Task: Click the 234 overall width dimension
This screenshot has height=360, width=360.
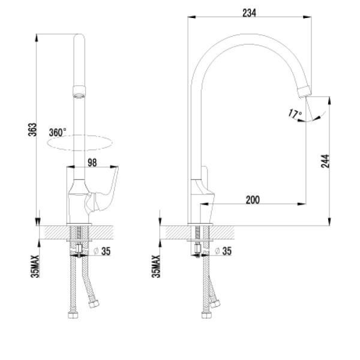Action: pyautogui.click(x=249, y=13)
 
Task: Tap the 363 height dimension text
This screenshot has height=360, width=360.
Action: pyautogui.click(x=32, y=130)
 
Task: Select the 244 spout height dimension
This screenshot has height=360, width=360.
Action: pyautogui.click(x=325, y=161)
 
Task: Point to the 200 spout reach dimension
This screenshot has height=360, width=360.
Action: pyautogui.click(x=253, y=200)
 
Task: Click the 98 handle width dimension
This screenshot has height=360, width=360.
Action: pyautogui.click(x=92, y=163)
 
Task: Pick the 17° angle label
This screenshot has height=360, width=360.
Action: pyautogui.click(x=295, y=114)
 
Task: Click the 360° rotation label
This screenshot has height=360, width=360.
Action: pyautogui.click(x=58, y=133)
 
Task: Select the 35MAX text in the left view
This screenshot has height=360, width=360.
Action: pyautogui.click(x=35, y=266)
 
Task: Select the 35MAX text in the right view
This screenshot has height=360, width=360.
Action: pyautogui.click(x=156, y=266)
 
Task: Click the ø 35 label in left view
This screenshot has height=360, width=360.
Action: pyautogui.click(x=102, y=251)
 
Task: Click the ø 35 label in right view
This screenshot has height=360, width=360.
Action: pyautogui.click(x=223, y=251)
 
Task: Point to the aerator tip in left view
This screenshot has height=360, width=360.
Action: pyautogui.click(x=79, y=92)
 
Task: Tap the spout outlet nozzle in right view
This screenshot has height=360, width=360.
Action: pyautogui.click(x=305, y=91)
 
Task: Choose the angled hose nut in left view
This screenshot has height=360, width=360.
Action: pyautogui.click(x=94, y=304)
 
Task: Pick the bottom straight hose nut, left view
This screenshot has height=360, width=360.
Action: pyautogui.click(x=73, y=315)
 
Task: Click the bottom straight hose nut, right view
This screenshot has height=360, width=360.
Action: pyautogui.click(x=206, y=315)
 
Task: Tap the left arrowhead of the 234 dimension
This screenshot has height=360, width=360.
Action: pyautogui.click(x=191, y=17)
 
